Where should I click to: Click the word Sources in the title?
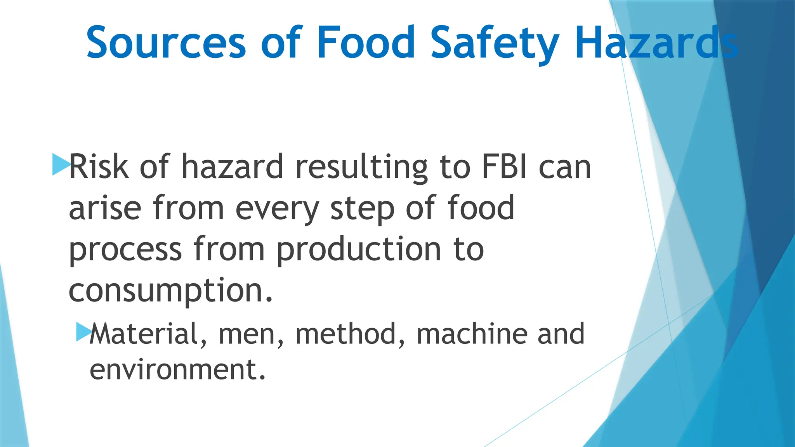(166, 42)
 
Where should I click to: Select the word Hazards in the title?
(656, 42)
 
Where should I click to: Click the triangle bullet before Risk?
(60, 164)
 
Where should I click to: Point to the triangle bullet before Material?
(83, 332)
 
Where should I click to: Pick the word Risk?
(99, 167)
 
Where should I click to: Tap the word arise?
(105, 208)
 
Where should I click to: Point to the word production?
(359, 249)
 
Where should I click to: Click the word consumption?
(171, 291)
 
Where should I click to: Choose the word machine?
(471, 334)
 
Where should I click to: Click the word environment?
(177, 369)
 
